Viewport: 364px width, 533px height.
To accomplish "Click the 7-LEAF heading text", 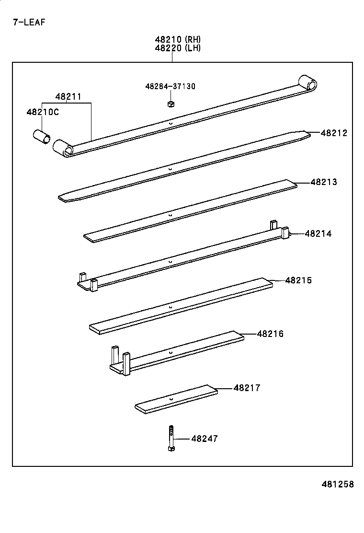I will pos(29,22).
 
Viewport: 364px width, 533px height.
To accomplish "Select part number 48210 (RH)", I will pos(178,39).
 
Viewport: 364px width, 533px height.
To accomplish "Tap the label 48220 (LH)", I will pos(178,47).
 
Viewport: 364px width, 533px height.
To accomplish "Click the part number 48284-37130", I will pos(170,86).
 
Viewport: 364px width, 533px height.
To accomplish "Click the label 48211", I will pos(68,96).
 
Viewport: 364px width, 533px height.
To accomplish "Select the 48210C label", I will pos(42,112).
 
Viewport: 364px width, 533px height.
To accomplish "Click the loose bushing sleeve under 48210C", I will pos(41,136).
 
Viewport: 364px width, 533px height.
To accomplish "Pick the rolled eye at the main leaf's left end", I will pos(63,148).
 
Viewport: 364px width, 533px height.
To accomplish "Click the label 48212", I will pos(334,133).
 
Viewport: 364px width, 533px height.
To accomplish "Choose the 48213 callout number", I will pos(324,182).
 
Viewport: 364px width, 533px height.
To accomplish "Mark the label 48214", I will pos(318,234).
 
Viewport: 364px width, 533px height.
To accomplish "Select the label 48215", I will pos(298,280).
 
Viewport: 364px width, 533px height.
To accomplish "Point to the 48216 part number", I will pos(270,334).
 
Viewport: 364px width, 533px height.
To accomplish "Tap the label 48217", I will pos(247,388).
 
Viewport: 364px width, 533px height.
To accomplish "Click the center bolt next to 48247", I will pos(171,438).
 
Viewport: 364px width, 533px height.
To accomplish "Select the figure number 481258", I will pos(337,484).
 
